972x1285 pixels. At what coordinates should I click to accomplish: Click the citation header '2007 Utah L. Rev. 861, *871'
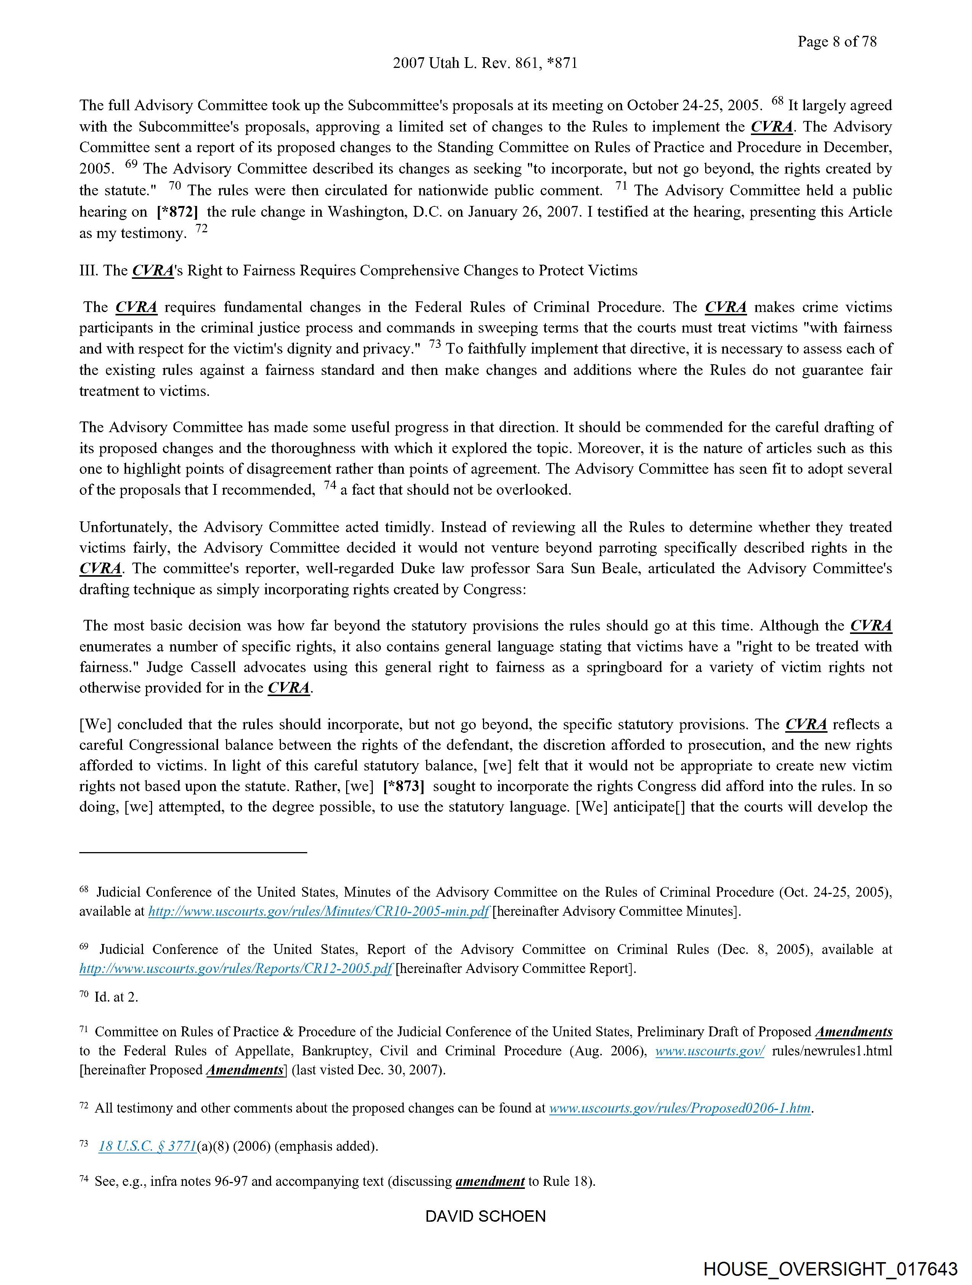485,63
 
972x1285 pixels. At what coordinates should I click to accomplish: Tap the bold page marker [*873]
404,786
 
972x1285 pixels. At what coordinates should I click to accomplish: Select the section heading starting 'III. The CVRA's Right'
358,271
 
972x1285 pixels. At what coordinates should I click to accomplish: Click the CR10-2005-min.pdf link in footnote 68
319,912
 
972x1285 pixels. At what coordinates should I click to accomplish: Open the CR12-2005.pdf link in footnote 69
236,968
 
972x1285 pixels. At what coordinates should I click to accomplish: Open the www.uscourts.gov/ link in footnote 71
709,1051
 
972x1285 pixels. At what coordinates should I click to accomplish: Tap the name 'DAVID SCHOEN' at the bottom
485,1216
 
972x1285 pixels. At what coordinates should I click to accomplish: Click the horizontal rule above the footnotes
193,852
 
